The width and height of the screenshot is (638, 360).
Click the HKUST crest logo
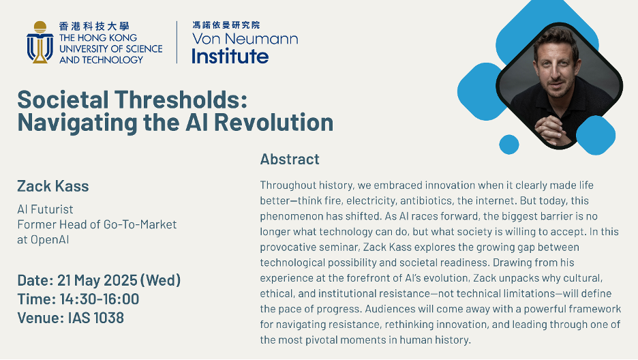pyautogui.click(x=40, y=42)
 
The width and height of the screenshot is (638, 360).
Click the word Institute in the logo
pyautogui.click(x=230, y=56)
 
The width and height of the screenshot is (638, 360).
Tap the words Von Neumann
pyautogui.click(x=245, y=39)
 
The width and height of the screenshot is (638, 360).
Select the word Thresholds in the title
pyautogui.click(x=181, y=100)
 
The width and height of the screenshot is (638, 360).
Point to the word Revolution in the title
pyautogui.click(x=274, y=122)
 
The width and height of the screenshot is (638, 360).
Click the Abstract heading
pyautogui.click(x=290, y=159)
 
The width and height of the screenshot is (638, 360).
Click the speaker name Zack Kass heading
pyautogui.click(x=53, y=186)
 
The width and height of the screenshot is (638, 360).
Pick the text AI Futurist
pyautogui.click(x=45, y=209)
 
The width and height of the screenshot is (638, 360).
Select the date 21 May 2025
pyautogui.click(x=97, y=280)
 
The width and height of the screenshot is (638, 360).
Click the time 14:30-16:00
pyautogui.click(x=100, y=299)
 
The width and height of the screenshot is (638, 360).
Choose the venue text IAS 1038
pyautogui.click(x=96, y=318)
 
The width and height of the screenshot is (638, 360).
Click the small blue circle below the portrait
pyautogui.click(x=509, y=145)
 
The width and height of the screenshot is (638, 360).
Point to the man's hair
pyautogui.click(x=559, y=40)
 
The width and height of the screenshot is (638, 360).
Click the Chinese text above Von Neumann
pyautogui.click(x=226, y=25)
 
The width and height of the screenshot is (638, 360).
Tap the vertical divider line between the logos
pyautogui.click(x=177, y=42)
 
